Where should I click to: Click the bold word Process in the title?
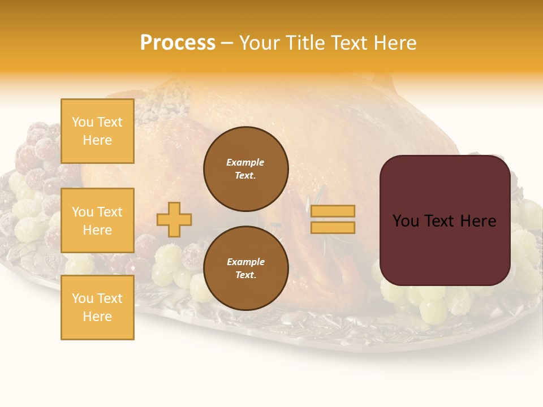[178, 43]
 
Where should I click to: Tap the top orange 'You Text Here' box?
[97, 131]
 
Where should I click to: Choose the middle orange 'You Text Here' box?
[97, 220]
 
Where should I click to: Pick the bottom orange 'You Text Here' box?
[97, 308]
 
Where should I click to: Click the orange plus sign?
[174, 219]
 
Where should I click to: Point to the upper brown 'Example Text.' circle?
[245, 169]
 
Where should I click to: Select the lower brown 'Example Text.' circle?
[245, 269]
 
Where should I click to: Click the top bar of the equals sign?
[333, 211]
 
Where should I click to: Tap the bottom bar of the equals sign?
[333, 227]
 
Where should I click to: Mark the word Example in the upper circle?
[245, 162]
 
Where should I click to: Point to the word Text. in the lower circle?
[245, 275]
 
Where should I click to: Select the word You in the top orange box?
[83, 122]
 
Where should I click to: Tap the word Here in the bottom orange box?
[97, 317]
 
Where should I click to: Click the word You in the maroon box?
[406, 221]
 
